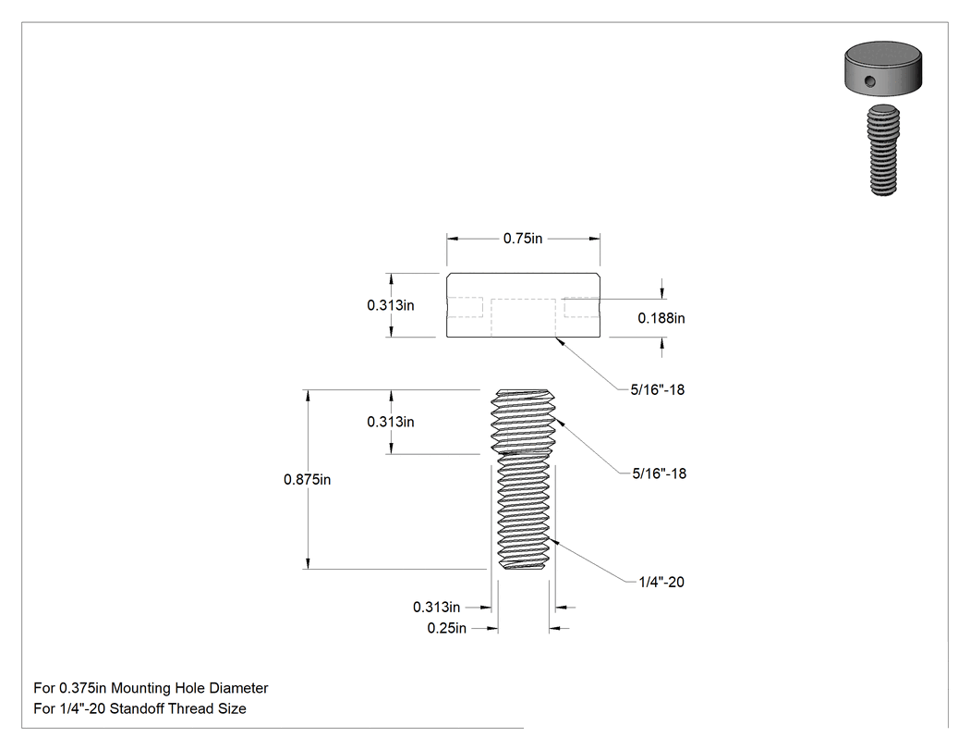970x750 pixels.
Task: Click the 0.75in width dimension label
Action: click(x=523, y=239)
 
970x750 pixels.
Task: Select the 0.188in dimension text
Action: click(x=661, y=318)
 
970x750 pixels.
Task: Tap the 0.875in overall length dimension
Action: click(x=307, y=479)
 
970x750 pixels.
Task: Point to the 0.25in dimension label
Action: click(x=446, y=628)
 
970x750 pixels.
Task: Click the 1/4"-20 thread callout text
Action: click(x=661, y=583)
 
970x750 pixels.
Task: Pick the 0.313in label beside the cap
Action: click(x=391, y=305)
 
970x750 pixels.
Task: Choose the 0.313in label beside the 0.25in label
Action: click(x=437, y=607)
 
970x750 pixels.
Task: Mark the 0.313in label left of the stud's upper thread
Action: click(x=391, y=422)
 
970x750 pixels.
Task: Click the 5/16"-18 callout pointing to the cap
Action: click(x=658, y=390)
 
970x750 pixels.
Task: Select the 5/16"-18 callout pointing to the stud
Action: click(x=660, y=473)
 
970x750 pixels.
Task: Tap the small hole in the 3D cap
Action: click(x=870, y=80)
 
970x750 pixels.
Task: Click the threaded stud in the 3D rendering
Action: click(x=883, y=151)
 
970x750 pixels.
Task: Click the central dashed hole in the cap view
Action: click(x=524, y=318)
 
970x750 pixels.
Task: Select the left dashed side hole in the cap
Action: click(x=465, y=307)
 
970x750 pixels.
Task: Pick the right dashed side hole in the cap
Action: click(x=581, y=307)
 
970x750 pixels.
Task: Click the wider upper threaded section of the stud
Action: click(x=523, y=421)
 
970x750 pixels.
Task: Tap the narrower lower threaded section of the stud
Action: click(x=524, y=511)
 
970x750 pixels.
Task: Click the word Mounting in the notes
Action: click(x=141, y=688)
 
